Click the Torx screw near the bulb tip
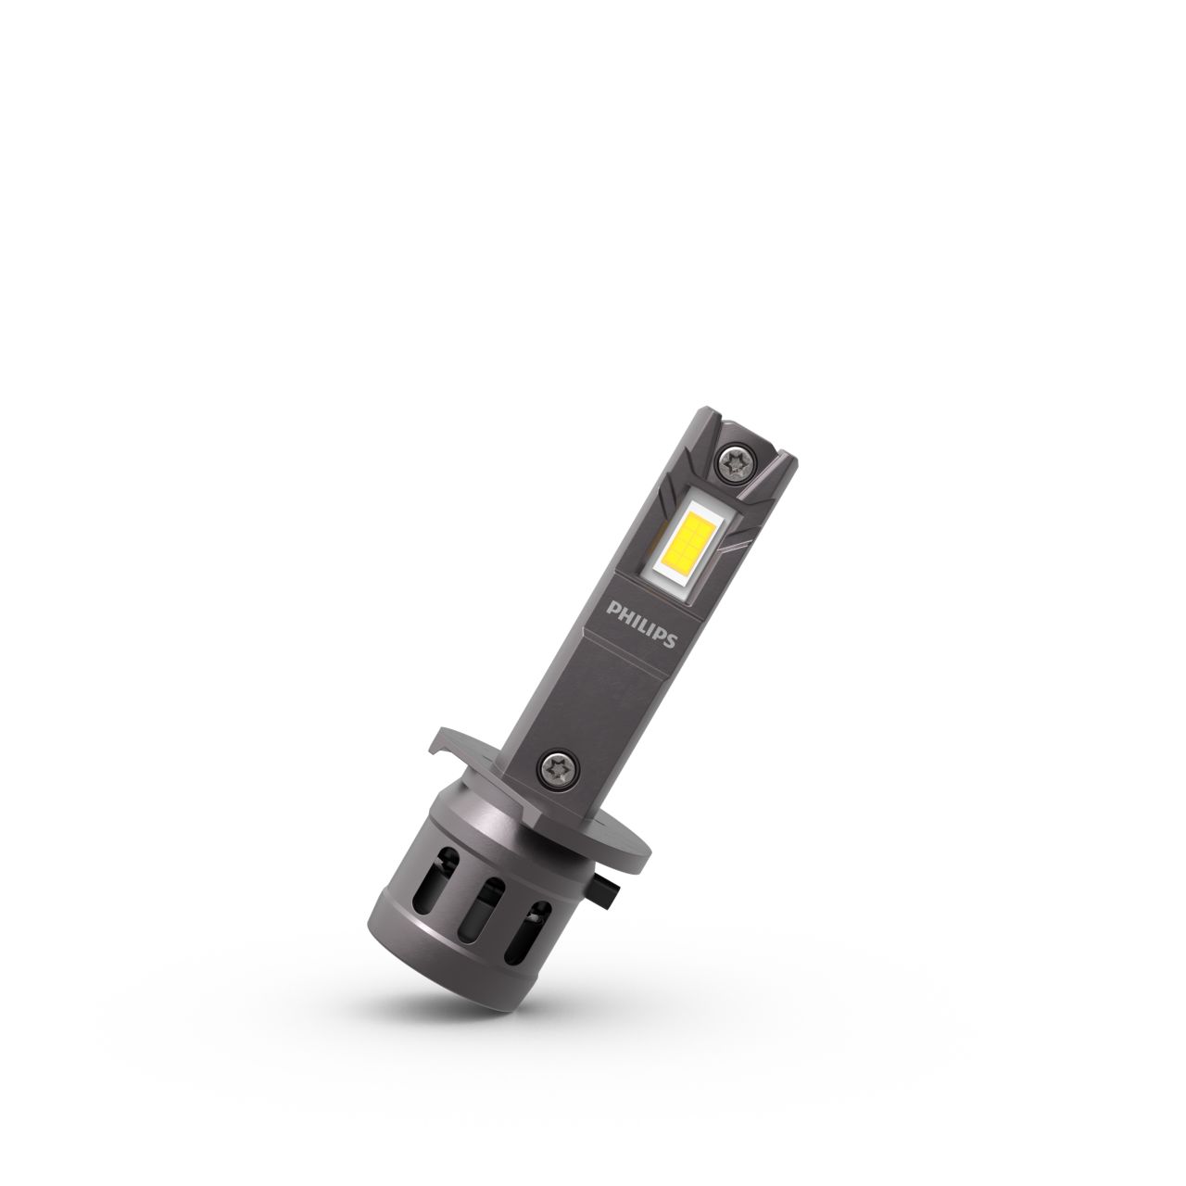click(739, 461)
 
